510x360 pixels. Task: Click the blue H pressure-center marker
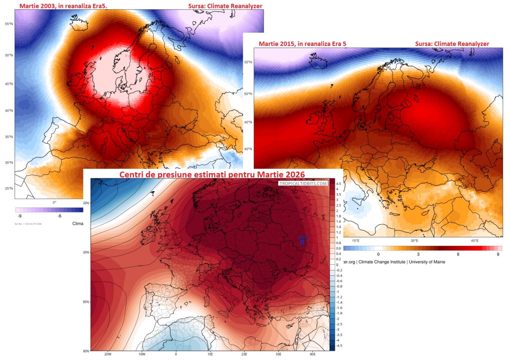point(302,243)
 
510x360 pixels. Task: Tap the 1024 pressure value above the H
point(302,238)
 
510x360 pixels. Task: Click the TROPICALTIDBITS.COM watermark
point(303,184)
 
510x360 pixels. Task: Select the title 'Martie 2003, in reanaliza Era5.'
point(63,6)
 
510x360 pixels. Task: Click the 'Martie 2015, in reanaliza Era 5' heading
point(302,44)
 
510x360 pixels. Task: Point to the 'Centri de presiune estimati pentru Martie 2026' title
point(212,175)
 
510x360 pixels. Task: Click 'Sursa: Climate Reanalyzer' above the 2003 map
point(225,6)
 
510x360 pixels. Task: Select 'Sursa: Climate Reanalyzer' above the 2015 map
point(452,44)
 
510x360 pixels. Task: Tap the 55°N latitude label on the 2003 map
point(9,24)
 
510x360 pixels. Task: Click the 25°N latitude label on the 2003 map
point(9,188)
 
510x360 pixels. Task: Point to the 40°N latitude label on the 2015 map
point(248,149)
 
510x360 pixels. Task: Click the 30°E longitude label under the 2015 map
point(414,241)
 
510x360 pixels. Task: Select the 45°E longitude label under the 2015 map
point(474,241)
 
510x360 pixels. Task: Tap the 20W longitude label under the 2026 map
point(108,354)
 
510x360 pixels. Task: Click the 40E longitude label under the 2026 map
point(313,354)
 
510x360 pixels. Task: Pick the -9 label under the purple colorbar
point(19,216)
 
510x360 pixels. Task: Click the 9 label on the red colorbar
point(498,254)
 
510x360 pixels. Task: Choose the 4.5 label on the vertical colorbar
point(338,184)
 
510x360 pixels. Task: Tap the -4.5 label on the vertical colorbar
point(339,345)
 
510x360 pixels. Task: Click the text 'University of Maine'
point(427,262)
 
